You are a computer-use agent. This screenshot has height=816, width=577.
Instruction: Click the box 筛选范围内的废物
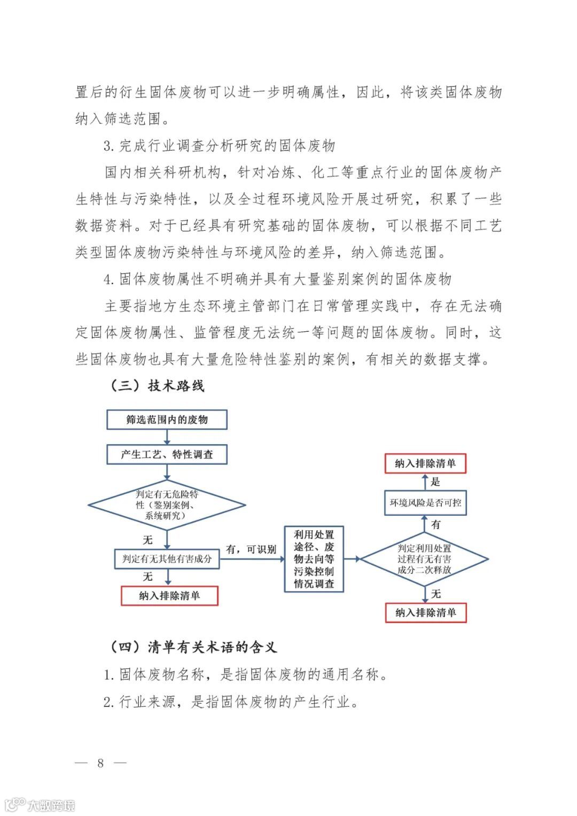[167, 419]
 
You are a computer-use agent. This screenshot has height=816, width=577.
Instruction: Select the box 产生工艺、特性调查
[167, 455]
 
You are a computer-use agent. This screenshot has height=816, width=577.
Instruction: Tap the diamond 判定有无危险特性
[167, 505]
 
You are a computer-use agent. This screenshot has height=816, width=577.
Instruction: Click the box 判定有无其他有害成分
[167, 559]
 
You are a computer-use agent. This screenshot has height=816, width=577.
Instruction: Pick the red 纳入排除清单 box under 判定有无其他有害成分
[169, 596]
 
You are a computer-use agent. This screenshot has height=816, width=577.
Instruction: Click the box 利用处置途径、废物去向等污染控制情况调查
[314, 559]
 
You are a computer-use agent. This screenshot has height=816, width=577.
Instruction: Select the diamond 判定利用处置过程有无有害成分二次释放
[424, 559]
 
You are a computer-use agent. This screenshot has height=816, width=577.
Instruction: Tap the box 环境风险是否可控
[425, 503]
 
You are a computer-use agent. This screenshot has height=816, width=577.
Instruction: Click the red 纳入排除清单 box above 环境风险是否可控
[425, 463]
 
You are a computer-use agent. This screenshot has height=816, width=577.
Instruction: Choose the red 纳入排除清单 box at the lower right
[425, 613]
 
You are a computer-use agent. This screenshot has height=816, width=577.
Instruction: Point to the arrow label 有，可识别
[251, 549]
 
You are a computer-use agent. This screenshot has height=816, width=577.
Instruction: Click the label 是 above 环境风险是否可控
[435, 482]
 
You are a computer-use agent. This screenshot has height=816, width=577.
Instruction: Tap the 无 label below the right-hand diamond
[436, 594]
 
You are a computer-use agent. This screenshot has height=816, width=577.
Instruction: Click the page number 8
[100, 763]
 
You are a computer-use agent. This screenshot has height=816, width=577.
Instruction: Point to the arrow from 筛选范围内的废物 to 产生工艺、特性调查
[167, 437]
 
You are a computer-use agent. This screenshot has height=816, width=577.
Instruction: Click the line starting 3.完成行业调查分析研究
[219, 145]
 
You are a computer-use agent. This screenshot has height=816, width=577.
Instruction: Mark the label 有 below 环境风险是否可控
[436, 525]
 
